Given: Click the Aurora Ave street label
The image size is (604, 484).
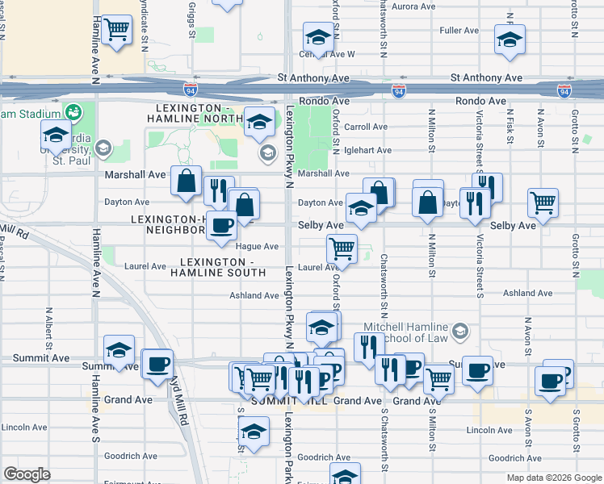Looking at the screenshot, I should (x=413, y=6).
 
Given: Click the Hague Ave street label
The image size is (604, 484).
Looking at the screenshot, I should (x=258, y=246).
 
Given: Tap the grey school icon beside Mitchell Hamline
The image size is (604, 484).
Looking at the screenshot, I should (x=459, y=330).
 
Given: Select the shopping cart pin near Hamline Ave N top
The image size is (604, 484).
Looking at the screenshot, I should (x=118, y=30).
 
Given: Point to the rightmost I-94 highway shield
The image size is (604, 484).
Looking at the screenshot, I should (x=564, y=91).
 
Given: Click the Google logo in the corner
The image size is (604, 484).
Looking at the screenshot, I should (x=27, y=474).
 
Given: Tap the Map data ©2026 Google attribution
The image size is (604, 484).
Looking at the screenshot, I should (x=553, y=478).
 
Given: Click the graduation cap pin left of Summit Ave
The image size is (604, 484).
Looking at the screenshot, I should (x=120, y=350).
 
